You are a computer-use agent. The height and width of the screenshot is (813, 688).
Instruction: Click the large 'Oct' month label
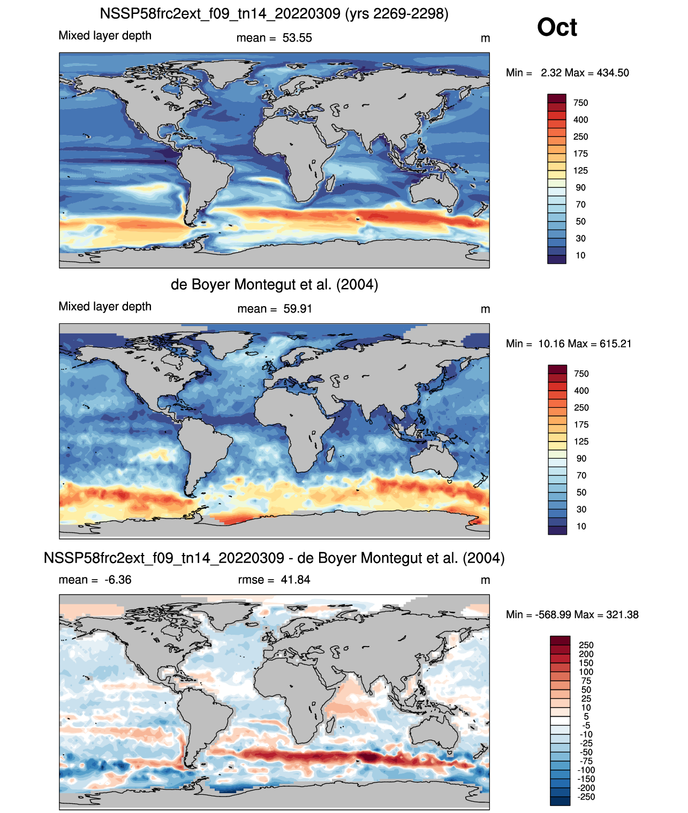(557, 27)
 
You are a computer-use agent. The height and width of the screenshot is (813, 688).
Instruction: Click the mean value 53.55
(297, 38)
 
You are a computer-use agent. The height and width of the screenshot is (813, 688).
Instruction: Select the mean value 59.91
(297, 309)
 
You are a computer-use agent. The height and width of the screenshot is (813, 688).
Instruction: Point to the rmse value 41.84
(295, 580)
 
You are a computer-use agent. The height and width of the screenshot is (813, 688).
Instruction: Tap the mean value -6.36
(118, 580)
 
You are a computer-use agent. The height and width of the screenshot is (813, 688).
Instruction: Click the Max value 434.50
(613, 73)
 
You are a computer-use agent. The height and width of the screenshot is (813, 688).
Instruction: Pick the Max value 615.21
(615, 344)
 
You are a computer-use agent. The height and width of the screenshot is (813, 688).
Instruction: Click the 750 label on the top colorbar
(580, 103)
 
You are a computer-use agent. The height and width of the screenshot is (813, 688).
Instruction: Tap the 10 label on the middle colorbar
(581, 526)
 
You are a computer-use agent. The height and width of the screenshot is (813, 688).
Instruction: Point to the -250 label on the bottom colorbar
(587, 797)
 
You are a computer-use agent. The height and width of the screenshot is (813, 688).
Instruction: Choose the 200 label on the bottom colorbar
(586, 654)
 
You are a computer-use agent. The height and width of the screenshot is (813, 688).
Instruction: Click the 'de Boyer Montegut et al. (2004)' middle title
(274, 284)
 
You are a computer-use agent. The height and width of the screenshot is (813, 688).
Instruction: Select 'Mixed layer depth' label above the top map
(105, 35)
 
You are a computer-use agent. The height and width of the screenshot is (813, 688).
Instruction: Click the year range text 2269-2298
(407, 14)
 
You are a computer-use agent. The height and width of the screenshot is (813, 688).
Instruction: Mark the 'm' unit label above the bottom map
(485, 581)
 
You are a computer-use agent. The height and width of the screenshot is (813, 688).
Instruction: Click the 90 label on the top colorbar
(580, 188)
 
